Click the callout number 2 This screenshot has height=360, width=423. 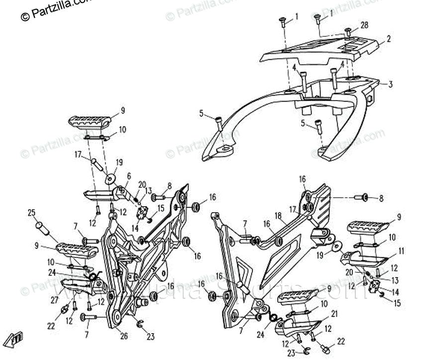click(389, 38)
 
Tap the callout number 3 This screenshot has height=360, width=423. click(390, 84)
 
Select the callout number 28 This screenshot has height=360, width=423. click(364, 25)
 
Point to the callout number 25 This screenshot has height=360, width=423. click(31, 213)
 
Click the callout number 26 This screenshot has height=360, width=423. click(123, 336)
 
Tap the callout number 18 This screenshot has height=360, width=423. click(278, 216)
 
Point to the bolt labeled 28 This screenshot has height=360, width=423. click(348, 32)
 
